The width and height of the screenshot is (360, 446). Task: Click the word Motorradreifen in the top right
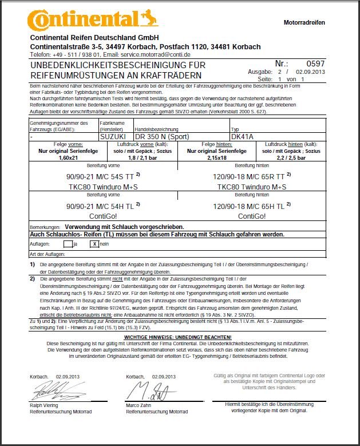[x=304, y=22]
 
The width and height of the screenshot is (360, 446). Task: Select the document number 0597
[x=315, y=64]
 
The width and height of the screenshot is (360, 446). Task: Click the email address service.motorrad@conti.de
[x=156, y=54]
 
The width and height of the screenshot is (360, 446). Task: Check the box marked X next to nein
[x=94, y=243]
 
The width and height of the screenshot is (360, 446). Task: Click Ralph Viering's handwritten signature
[x=54, y=391]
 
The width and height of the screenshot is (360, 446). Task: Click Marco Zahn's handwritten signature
[x=146, y=391]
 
